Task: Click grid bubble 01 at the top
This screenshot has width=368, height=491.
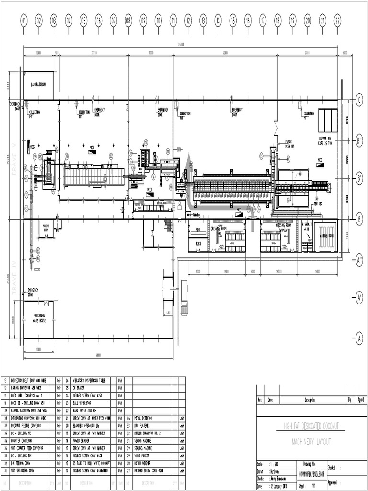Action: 24,21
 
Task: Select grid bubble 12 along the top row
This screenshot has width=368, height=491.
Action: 188,21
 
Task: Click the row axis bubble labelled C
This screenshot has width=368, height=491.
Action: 359,100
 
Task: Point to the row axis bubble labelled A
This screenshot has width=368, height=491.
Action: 359,338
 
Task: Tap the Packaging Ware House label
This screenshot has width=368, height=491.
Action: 39,318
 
